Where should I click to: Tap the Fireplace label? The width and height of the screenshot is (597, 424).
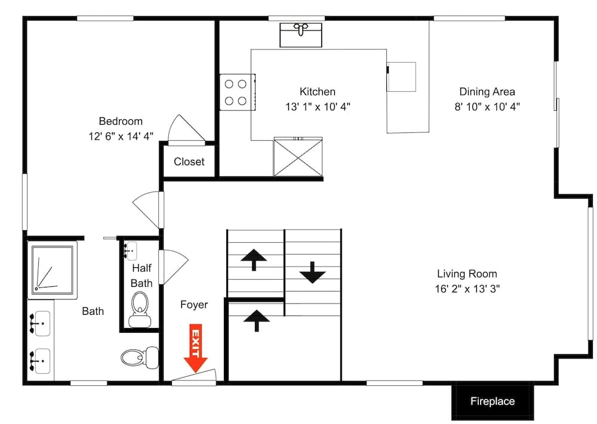click(x=492, y=401)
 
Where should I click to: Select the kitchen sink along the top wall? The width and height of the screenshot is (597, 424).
click(x=302, y=34)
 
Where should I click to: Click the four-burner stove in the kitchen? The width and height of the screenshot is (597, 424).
click(x=236, y=92)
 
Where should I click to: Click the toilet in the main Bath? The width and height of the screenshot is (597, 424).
click(x=133, y=357)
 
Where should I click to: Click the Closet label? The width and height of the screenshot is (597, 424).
click(x=189, y=162)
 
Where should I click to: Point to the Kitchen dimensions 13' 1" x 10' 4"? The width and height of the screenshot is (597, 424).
click(x=318, y=107)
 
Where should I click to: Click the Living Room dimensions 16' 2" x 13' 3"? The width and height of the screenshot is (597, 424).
click(x=467, y=289)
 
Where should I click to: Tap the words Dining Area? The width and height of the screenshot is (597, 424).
click(x=487, y=92)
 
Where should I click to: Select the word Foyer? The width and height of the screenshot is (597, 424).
click(x=194, y=305)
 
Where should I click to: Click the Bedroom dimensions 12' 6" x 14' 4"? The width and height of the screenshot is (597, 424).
click(x=121, y=136)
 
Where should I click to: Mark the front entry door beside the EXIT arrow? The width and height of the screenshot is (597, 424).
click(x=195, y=379)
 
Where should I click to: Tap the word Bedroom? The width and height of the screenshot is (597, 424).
click(x=121, y=120)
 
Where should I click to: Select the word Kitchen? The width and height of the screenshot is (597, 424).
click(x=317, y=92)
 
